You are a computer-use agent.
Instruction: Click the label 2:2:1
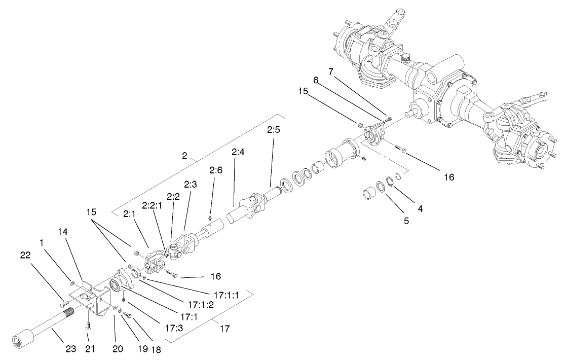[x=152, y=205]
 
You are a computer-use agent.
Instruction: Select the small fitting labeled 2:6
[x=209, y=219]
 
